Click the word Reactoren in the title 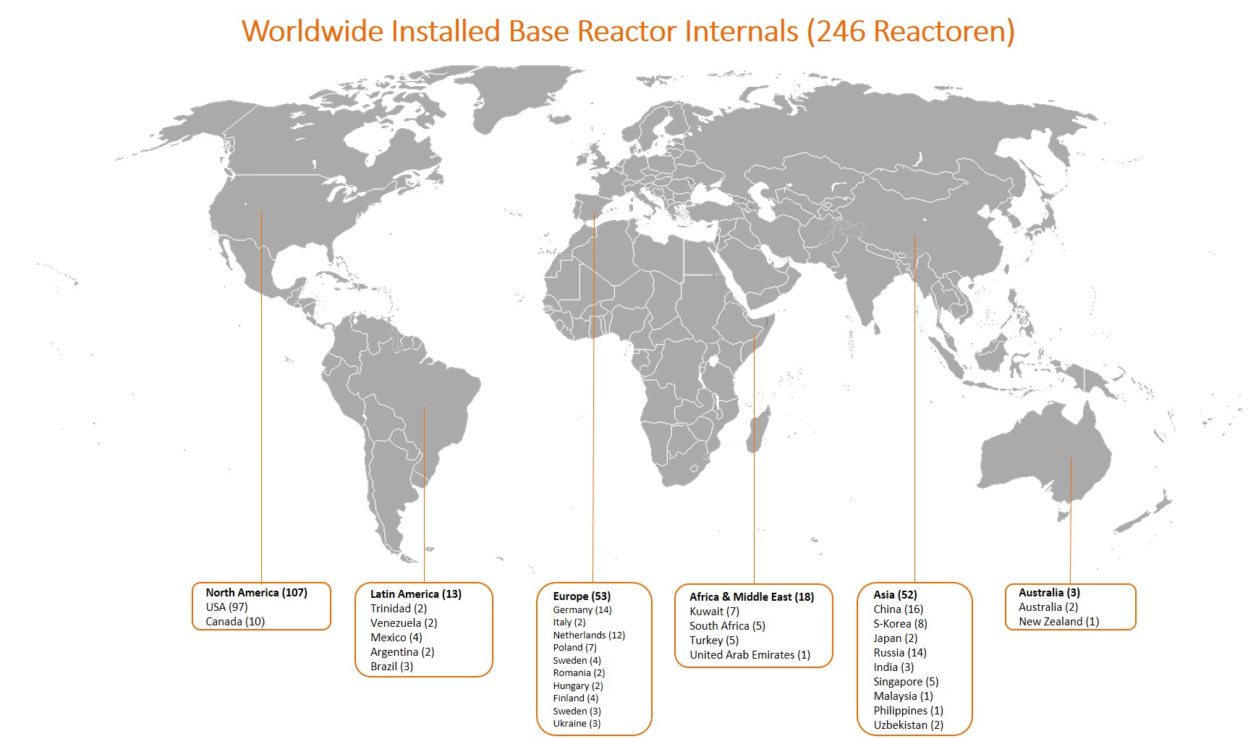pos(939,31)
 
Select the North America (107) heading pos(256,592)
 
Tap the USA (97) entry pos(226,607)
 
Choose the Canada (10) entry pos(235,621)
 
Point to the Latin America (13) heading pos(416,594)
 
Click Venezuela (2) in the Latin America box pos(404,622)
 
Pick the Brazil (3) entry pos(391,666)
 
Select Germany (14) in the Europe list pos(582,609)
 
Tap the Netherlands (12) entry pos(589,635)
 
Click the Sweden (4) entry pos(577,660)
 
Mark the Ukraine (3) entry pos(577,723)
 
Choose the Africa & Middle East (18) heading pos(752,596)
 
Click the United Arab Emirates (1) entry pos(750,654)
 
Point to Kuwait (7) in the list pos(714,611)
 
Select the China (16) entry pos(898,609)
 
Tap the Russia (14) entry pos(899,652)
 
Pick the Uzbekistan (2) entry pos(908,725)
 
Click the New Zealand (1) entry pos(1058,621)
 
